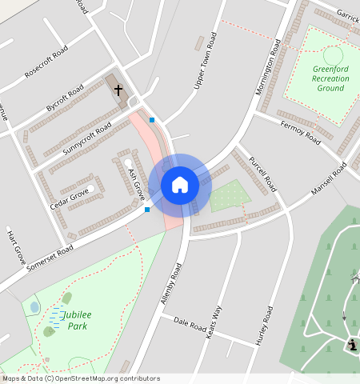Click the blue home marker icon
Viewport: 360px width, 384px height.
point(180,185)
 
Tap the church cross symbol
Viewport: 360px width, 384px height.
point(118,90)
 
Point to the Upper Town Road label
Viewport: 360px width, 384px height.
point(205,61)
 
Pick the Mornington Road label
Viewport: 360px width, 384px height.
point(270,67)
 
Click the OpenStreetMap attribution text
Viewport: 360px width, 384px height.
point(81,378)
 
